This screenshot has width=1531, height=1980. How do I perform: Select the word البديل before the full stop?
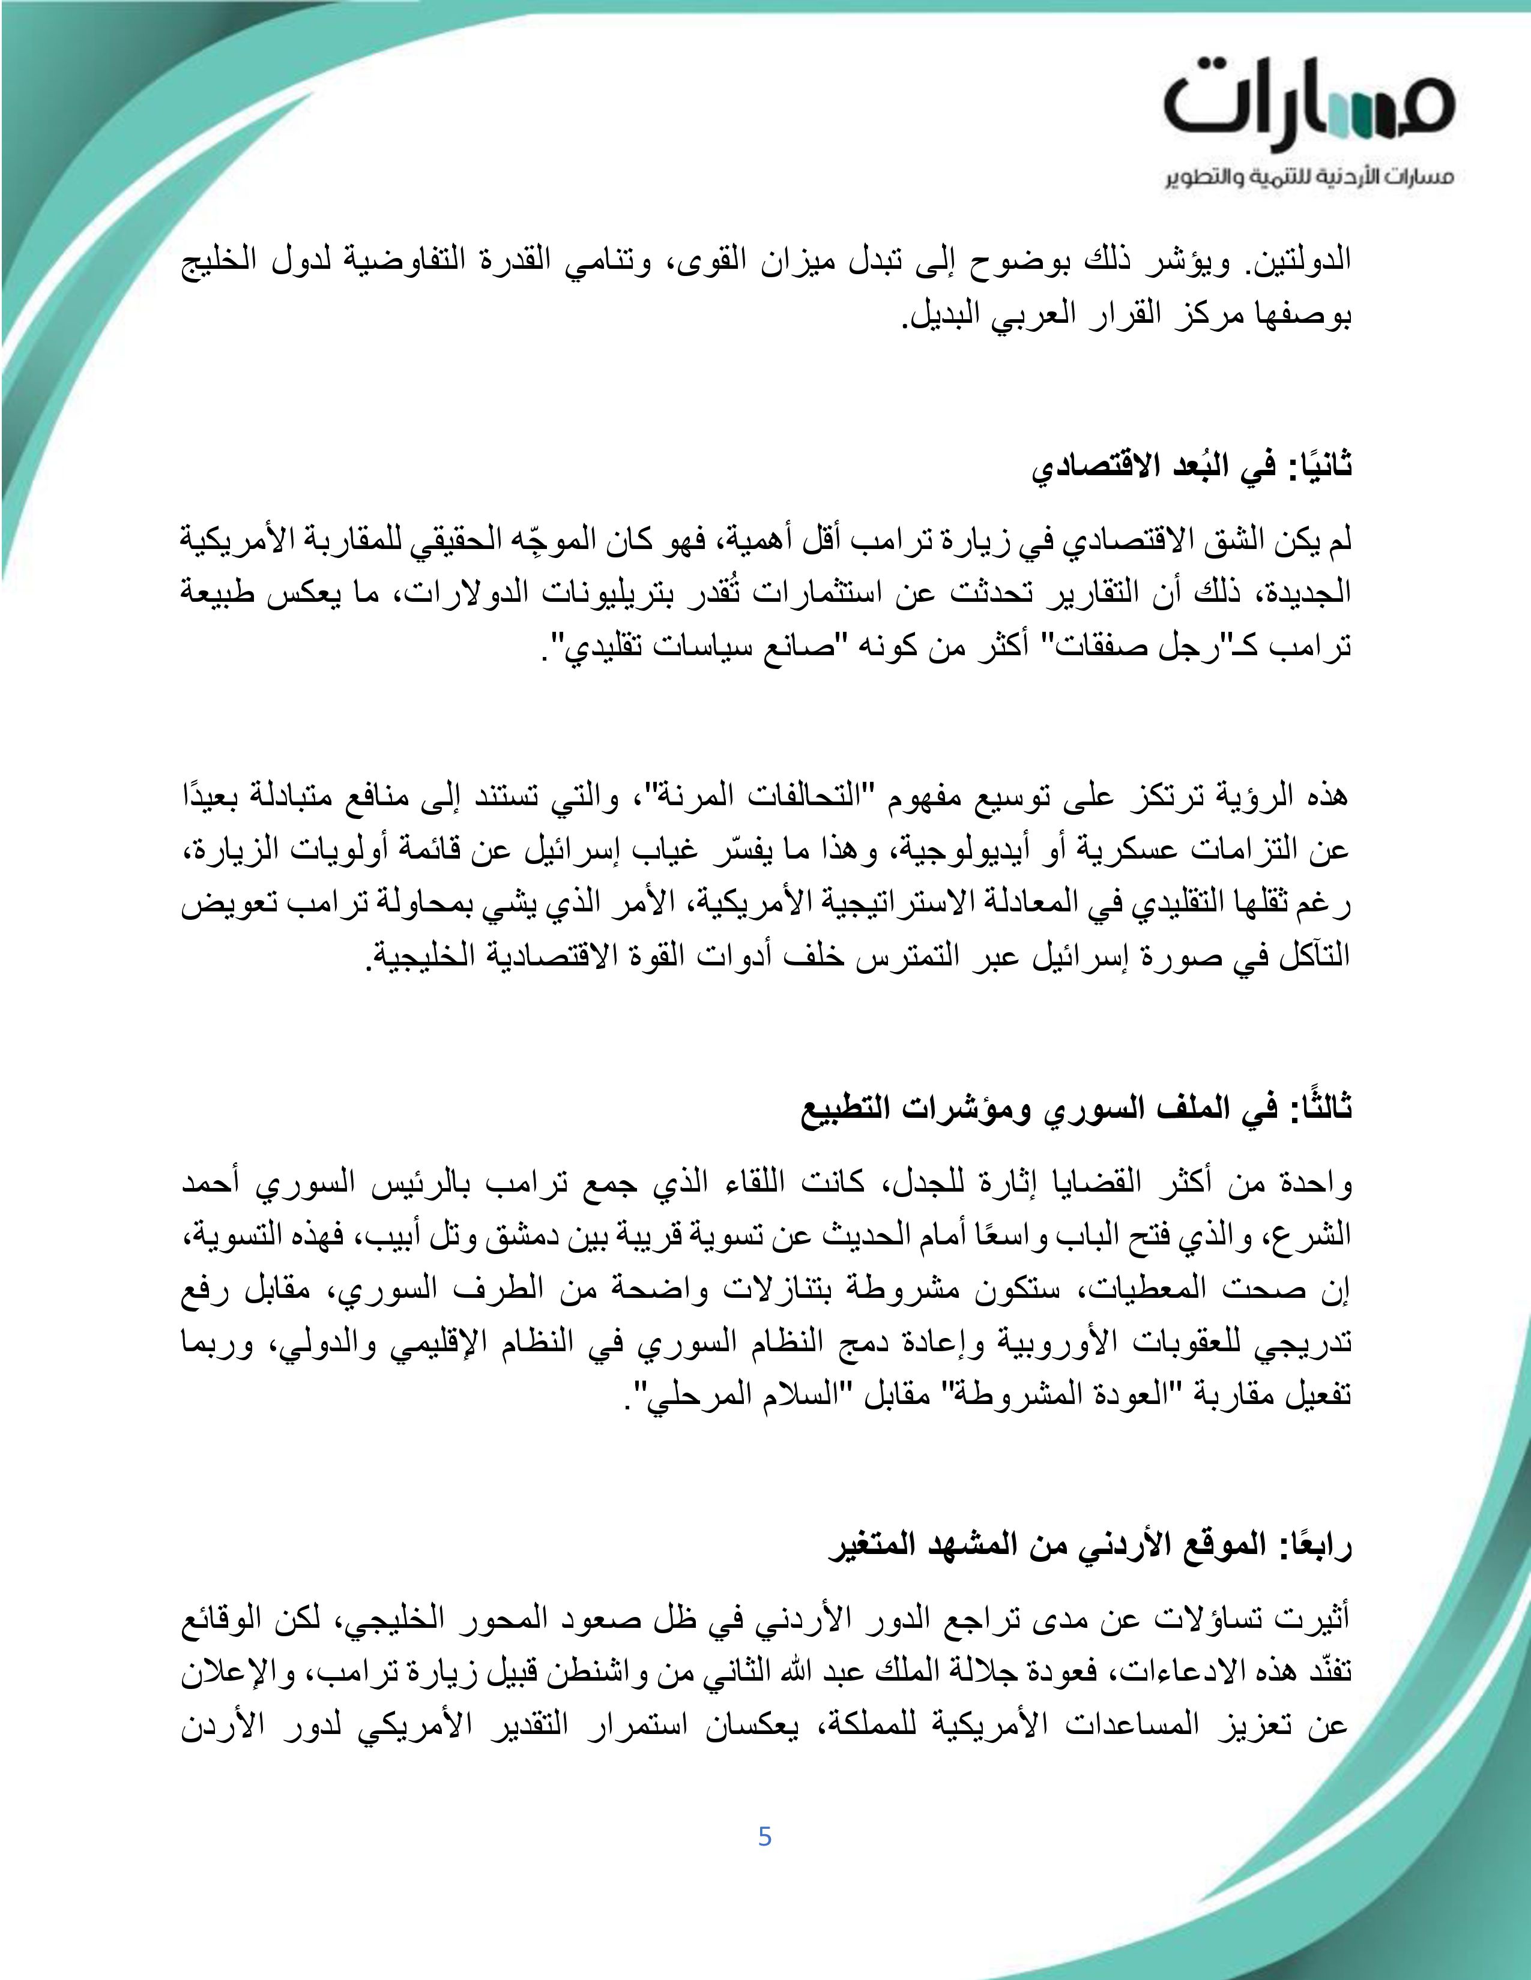940,316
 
